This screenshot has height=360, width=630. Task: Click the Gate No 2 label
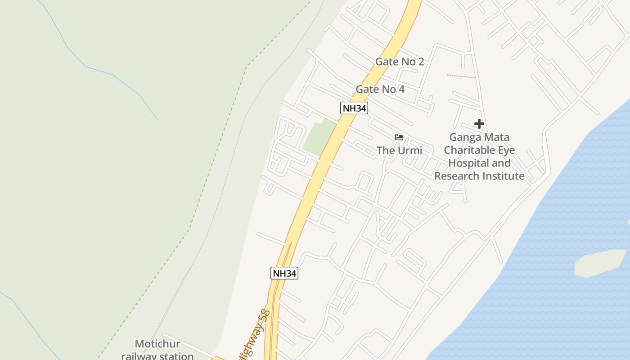pos(400,62)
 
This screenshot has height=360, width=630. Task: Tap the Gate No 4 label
pos(380,89)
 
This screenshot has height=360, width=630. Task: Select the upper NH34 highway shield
pos(354,108)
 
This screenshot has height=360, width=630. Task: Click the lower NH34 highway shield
pos(284,273)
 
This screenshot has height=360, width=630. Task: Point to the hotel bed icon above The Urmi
pos(399,137)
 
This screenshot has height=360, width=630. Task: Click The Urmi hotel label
pos(399,150)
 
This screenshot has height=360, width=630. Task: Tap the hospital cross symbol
pos(479,124)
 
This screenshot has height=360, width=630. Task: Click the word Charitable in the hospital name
pos(479,150)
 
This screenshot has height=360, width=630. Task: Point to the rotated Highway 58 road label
pos(254,333)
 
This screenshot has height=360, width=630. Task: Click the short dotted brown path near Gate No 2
pos(461,76)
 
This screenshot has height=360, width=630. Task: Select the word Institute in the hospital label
pos(503,176)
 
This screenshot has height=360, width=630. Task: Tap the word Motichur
pos(151,344)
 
